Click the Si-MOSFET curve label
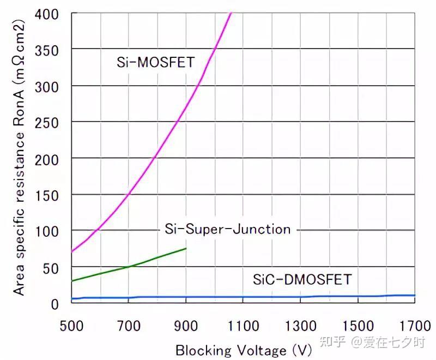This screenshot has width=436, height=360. click(155, 62)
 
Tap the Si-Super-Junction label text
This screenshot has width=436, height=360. click(227, 229)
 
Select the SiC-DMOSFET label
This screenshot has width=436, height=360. click(302, 279)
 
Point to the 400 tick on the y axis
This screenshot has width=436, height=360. click(46, 14)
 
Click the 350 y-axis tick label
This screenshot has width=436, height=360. click(46, 51)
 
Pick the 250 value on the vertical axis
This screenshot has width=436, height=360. click(46, 123)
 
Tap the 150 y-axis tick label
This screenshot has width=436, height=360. click(46, 196)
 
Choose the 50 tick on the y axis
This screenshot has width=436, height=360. click(50, 269)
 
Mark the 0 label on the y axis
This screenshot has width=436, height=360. click(55, 304)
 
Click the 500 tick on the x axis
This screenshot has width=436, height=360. click(71, 326)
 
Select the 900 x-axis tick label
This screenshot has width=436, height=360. click(186, 326)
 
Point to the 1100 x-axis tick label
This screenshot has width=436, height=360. click(243, 326)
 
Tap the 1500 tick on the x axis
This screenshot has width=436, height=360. click(358, 326)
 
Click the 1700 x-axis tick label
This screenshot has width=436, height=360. click(415, 326)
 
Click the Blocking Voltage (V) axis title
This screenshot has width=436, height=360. click(244, 350)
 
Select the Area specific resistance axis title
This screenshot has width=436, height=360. click(19, 158)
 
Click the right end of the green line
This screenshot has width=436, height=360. click(186, 248)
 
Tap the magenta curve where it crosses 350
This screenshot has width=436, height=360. click(215, 49)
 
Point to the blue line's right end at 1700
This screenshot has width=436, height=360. click(415, 296)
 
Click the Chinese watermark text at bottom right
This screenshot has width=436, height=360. click(373, 341)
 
